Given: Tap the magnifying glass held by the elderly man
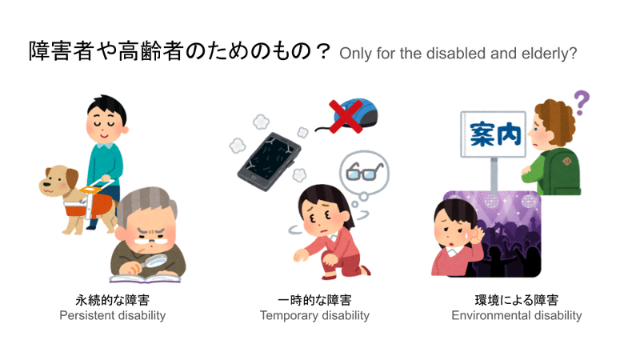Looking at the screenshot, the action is [x=152, y=262].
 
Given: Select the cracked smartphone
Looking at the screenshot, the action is [x=270, y=162].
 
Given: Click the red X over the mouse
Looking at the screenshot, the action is [x=346, y=116].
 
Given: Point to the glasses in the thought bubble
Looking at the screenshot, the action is [x=364, y=172].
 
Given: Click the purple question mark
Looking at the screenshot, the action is [x=582, y=102].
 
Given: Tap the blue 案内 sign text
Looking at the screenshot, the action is [x=495, y=134].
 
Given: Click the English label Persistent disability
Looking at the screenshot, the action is [x=113, y=315].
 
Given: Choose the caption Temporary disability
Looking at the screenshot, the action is [x=314, y=315].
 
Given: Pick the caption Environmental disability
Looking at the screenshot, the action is [x=517, y=315].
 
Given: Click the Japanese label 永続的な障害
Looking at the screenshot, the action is [x=113, y=300].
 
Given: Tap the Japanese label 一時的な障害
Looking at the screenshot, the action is [x=314, y=300].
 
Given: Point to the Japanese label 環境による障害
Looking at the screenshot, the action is [x=517, y=300].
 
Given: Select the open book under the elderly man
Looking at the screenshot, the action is [x=145, y=278].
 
